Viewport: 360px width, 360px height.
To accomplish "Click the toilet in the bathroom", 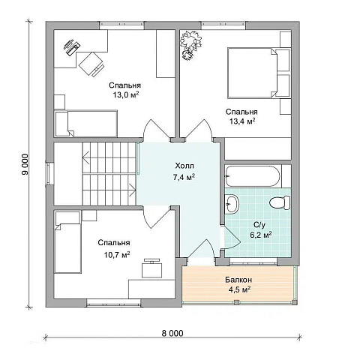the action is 280,202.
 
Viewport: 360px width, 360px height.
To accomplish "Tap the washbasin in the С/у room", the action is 232,204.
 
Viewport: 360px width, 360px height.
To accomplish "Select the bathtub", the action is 253,175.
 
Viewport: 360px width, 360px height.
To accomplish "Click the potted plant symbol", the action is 191,45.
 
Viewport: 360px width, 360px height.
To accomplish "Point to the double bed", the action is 259,73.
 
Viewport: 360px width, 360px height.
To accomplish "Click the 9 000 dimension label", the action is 25,164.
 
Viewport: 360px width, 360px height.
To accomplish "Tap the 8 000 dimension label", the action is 172,333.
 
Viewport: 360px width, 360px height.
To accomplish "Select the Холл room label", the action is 184,166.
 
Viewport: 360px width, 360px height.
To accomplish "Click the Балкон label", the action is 238,280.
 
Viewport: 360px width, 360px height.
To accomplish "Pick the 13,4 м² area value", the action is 242,121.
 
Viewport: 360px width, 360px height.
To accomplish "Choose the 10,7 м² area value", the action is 117,255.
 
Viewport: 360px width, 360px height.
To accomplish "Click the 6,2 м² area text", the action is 261,235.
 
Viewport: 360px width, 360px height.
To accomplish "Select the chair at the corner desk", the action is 91,64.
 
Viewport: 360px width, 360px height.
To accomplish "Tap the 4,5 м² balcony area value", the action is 239,289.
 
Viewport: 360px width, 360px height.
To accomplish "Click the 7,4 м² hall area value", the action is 184,177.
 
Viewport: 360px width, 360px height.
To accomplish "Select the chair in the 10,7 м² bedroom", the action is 151,268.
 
